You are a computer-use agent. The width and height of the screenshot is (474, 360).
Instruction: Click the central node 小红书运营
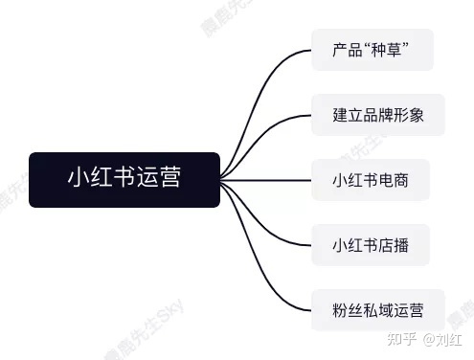coord(124,179)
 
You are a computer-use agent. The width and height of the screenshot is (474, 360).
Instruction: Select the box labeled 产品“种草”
coord(372,49)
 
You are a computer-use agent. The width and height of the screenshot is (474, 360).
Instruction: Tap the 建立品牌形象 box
coord(377,114)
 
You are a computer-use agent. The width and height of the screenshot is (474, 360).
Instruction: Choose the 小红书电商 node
coord(370,179)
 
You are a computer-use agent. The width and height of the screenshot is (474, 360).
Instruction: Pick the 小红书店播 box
coord(370,244)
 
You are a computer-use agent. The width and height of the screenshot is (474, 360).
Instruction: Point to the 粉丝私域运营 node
coord(377,309)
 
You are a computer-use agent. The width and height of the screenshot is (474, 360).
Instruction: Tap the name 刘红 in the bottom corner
coord(447,338)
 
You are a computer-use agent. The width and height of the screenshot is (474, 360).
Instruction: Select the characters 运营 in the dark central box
coord(162,179)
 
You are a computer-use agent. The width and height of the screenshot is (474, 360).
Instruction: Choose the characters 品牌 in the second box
coord(377,114)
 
